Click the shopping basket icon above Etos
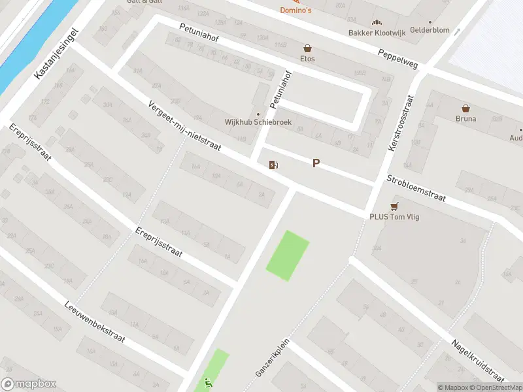tap(307, 48)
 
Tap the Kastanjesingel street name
tap(56, 54)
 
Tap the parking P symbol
tap(316, 163)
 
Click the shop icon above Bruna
tap(466, 108)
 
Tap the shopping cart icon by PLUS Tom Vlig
tap(394, 204)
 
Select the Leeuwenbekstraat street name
tap(94, 323)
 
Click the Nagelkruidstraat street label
tap(478, 360)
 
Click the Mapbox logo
tap(28, 384)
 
